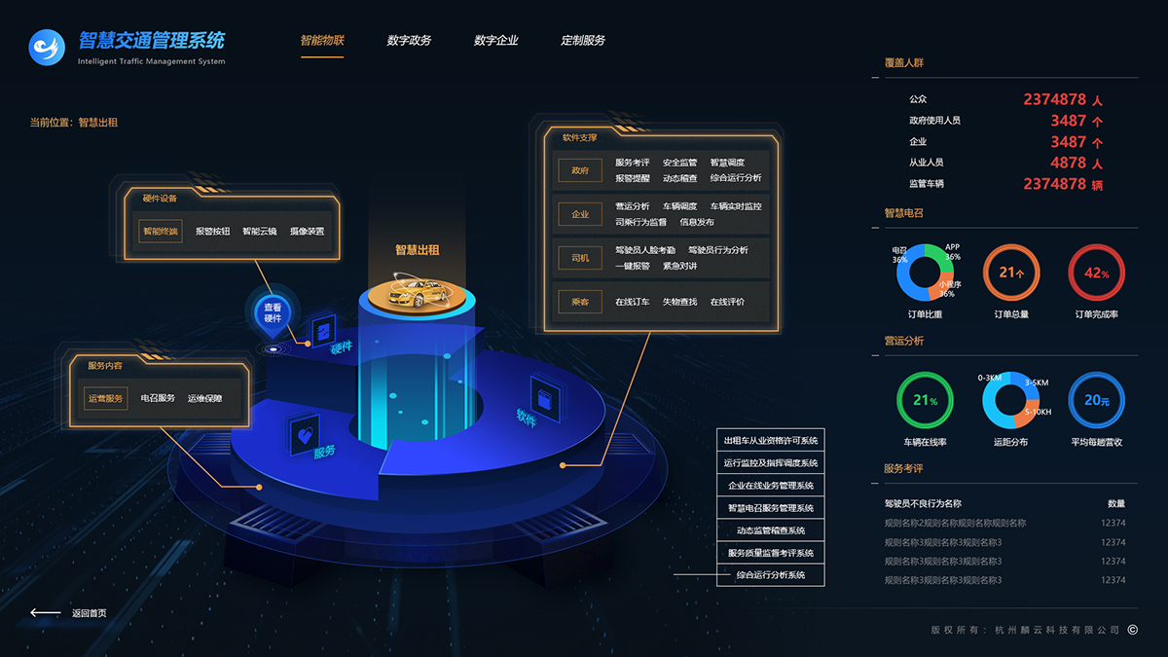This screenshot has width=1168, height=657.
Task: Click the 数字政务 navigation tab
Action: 409,41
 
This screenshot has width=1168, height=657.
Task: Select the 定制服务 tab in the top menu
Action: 583,41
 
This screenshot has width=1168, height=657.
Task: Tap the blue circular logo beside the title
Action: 47,47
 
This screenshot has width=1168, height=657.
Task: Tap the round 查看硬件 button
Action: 273,312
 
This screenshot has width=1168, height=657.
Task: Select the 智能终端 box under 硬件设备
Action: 161,232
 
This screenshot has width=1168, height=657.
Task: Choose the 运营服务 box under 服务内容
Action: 105,398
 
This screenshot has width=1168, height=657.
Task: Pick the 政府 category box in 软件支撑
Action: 580,170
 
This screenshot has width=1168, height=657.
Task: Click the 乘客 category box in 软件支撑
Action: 580,303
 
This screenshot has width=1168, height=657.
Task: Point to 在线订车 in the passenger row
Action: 632,303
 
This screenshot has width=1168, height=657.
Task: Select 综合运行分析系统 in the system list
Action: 771,575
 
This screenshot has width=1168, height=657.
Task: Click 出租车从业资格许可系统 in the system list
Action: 771,441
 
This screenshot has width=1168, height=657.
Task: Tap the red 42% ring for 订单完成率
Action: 1097,274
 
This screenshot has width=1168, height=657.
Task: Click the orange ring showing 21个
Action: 1011,274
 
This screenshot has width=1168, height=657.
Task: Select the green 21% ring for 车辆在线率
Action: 925,400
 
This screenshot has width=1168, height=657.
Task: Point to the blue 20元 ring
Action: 1097,400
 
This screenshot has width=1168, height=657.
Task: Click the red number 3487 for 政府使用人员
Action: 1068,121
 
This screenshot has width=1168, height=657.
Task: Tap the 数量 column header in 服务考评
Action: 1115,504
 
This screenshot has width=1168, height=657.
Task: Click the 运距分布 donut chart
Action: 1011,400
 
